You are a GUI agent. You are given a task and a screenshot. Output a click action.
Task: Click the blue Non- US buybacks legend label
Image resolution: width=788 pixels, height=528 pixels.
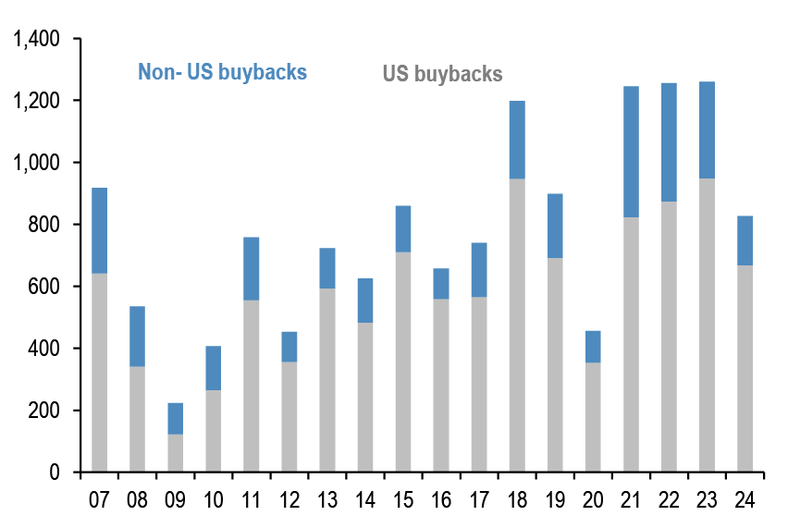tap(222, 72)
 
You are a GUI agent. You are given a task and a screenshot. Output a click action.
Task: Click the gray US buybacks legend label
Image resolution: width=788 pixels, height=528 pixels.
tap(442, 74)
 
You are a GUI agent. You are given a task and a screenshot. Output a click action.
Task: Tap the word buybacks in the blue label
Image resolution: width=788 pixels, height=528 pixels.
tap(263, 72)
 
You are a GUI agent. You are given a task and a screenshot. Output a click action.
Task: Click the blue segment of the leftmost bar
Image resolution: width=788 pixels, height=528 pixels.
tap(99, 230)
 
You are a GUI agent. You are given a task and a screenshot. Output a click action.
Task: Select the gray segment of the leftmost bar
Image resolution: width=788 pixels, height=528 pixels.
tap(99, 372)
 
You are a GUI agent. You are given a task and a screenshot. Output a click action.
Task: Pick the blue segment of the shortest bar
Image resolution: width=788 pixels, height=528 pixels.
tap(175, 418)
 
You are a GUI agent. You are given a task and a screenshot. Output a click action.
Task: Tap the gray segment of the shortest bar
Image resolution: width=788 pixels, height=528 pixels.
tap(175, 452)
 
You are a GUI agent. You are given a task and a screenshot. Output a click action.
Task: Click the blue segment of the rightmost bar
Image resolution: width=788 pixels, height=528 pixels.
tap(745, 240)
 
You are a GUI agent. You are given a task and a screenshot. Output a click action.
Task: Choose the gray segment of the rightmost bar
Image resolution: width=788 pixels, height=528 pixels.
tap(745, 368)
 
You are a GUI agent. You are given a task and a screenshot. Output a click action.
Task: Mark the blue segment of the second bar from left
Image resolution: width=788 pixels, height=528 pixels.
tap(137, 336)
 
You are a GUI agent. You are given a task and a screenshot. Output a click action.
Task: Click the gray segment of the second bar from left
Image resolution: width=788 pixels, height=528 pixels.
tap(137, 418)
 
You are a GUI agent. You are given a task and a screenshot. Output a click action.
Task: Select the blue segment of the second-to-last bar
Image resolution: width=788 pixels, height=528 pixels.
tap(707, 129)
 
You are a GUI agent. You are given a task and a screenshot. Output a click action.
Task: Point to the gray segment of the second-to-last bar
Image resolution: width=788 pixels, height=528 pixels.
tap(707, 325)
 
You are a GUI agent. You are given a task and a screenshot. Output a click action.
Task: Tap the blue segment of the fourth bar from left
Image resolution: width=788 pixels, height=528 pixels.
tap(213, 367)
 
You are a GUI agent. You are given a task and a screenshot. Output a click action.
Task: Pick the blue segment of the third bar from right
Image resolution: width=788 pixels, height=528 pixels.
tap(669, 141)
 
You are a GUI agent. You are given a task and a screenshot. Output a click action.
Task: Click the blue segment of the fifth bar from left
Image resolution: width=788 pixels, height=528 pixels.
tap(251, 268)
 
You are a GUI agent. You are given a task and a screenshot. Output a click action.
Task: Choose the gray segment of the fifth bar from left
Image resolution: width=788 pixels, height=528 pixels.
tap(251, 385)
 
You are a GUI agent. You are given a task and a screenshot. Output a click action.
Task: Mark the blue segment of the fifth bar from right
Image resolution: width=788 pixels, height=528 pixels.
tap(593, 346)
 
